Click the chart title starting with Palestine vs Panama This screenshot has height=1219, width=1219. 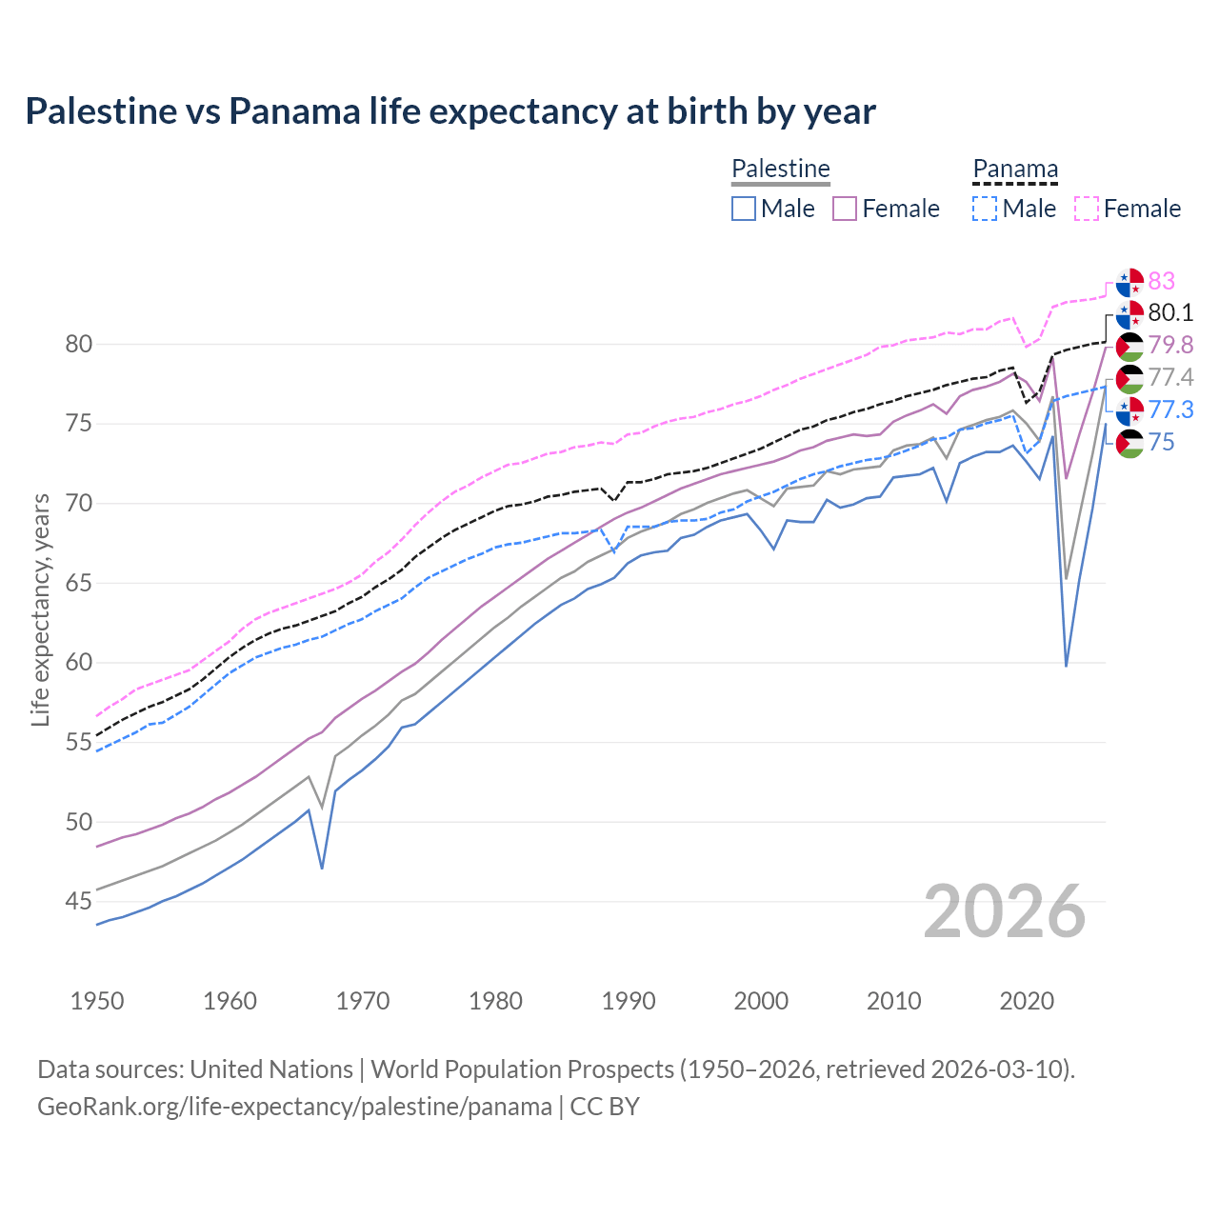[x=450, y=111]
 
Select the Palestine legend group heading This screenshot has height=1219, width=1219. [x=780, y=169]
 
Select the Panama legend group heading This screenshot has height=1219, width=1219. [x=1014, y=169]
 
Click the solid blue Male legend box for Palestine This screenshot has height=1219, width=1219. [x=744, y=209]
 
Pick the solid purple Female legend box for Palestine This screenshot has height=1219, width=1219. [x=845, y=209]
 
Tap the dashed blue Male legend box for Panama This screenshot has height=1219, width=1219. [x=985, y=209]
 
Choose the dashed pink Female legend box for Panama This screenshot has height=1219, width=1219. [x=1086, y=209]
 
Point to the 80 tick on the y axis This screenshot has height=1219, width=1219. [x=78, y=344]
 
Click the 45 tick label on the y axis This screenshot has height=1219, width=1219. [x=78, y=901]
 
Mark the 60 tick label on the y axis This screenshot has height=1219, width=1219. [x=78, y=662]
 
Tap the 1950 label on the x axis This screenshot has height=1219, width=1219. [x=97, y=1001]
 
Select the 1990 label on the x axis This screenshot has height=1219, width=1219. [x=629, y=1001]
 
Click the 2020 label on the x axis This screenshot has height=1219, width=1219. [x=1027, y=1001]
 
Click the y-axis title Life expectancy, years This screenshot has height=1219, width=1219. [x=40, y=609]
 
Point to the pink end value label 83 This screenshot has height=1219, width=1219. [x=1161, y=281]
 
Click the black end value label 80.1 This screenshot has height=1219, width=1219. [x=1170, y=313]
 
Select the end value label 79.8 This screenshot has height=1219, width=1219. [x=1170, y=345]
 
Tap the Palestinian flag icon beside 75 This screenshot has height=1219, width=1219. [x=1129, y=443]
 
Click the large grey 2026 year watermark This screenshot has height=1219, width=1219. [x=1005, y=911]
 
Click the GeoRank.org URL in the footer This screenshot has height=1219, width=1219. [x=294, y=1107]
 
